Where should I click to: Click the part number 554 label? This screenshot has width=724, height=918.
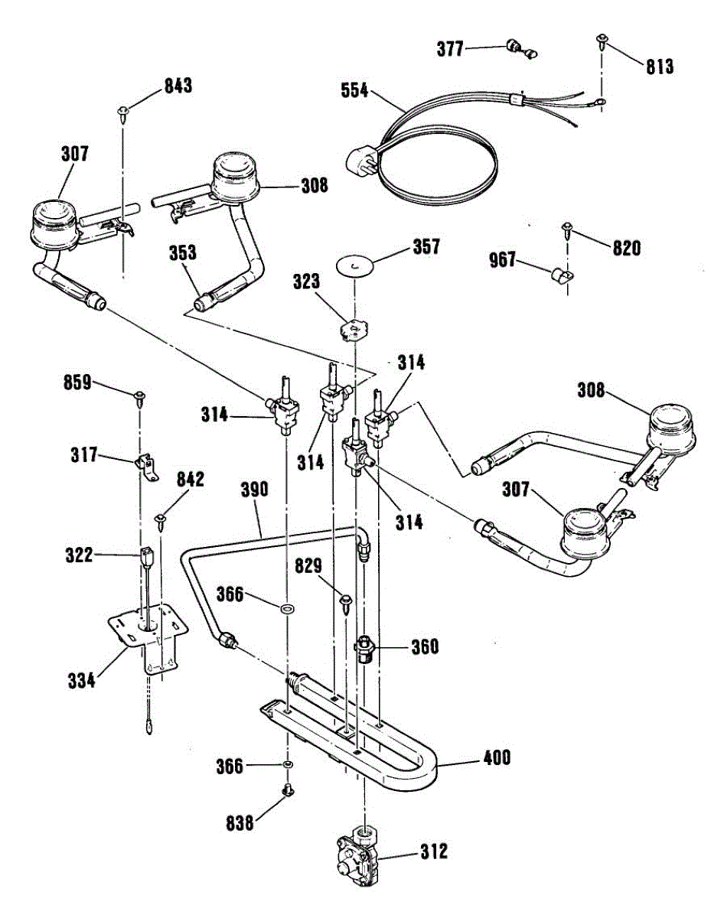(x=354, y=91)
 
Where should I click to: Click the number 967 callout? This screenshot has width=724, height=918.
(x=503, y=260)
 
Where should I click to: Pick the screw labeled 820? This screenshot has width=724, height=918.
(x=568, y=230)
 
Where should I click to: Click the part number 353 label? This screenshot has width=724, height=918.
(x=183, y=253)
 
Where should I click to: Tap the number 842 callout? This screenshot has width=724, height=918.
(x=191, y=480)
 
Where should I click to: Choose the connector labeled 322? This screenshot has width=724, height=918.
(x=145, y=557)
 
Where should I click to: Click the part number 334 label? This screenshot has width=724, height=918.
(x=82, y=680)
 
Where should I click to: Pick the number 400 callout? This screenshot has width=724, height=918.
(x=497, y=758)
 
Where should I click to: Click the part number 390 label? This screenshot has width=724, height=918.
(x=254, y=490)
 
